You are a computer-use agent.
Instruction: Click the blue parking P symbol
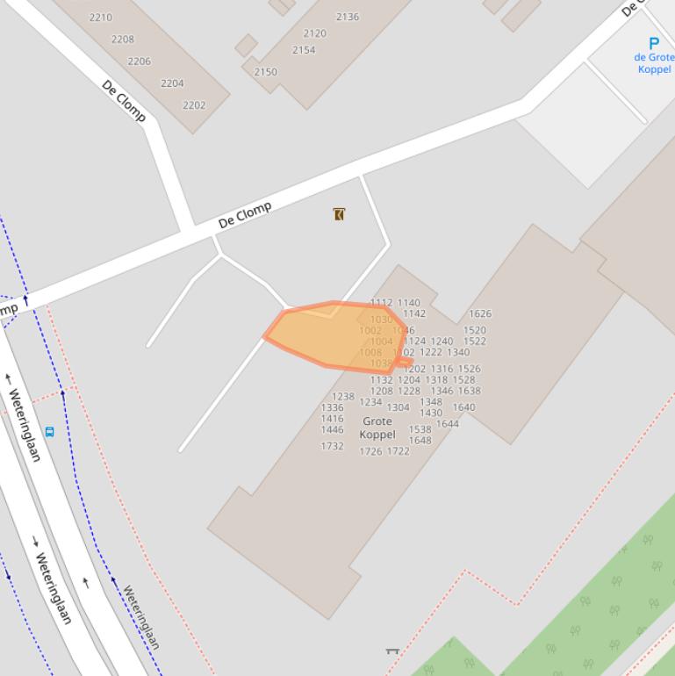point(654,43)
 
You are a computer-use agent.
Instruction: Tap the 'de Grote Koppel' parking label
point(655,63)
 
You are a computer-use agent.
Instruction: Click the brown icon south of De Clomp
point(339,214)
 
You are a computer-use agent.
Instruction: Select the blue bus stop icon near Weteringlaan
point(49,432)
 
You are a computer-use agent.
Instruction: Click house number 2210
point(101,18)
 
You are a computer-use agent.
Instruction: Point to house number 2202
point(194,105)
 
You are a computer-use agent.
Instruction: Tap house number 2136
point(348,17)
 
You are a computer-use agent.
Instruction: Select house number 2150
point(265,73)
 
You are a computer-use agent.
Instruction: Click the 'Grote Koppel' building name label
point(377,428)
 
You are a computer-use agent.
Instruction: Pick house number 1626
point(480,313)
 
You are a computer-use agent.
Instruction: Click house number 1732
point(332,446)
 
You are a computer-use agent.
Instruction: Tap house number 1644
point(448,424)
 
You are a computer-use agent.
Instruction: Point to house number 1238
point(343,397)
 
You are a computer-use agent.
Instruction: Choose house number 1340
point(458,353)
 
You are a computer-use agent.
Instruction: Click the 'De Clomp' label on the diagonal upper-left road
point(124,100)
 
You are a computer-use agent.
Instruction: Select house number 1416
point(332,419)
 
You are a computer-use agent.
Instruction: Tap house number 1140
point(409,303)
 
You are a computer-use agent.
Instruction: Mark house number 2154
point(304,51)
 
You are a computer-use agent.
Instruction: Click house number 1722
point(399,451)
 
